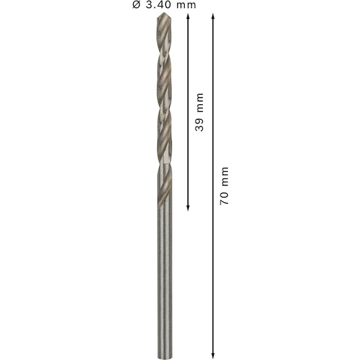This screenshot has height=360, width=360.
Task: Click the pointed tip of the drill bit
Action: pos(164,13)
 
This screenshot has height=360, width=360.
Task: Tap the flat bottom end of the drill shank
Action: pos(165,358)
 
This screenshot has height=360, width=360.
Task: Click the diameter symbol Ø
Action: pos(136,5)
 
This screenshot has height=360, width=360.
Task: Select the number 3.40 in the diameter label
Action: pos(158,5)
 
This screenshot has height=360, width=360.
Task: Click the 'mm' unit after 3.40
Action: pos(186,5)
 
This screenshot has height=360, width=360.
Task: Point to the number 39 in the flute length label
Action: pos(199,125)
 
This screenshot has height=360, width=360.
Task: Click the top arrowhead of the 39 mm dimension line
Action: pos(188,16)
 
